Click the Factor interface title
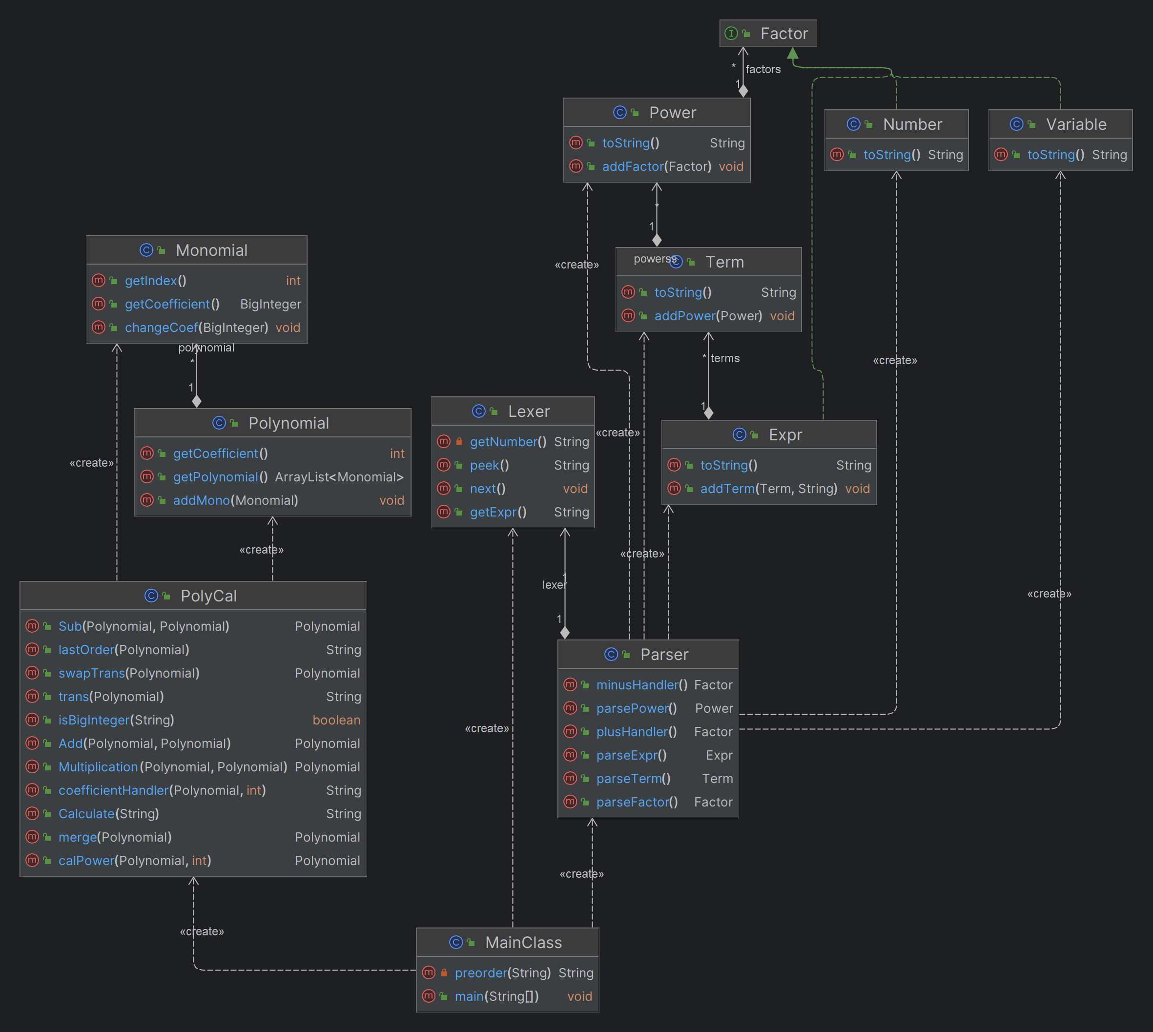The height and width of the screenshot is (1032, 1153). coord(784,34)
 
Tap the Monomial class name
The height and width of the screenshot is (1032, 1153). coord(211,250)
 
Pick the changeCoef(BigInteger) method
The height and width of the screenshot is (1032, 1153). coord(196,327)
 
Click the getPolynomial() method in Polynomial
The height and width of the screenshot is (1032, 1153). coord(221,477)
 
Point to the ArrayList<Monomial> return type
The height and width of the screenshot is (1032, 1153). coord(339,477)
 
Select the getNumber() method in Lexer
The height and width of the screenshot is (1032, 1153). coord(508,442)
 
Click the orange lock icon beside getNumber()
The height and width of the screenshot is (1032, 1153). coord(459,441)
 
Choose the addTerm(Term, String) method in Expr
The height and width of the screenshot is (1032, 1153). coord(769,488)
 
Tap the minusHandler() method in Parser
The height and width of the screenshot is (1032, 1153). coord(642,684)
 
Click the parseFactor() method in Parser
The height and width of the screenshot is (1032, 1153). coord(637,802)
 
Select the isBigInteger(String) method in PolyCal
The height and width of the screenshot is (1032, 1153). coord(116,720)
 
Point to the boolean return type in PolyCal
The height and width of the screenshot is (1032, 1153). coord(336,720)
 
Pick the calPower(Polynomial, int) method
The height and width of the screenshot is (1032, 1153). coord(135,860)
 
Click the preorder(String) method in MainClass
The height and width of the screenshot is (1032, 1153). coord(503,972)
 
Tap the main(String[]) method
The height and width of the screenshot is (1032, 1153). coord(496,996)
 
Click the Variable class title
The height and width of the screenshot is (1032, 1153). coord(1076,124)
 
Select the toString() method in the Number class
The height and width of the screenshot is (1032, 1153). coord(892,154)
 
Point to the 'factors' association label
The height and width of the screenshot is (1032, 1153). coord(763,69)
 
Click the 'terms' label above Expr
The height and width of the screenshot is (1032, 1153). coord(725,358)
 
